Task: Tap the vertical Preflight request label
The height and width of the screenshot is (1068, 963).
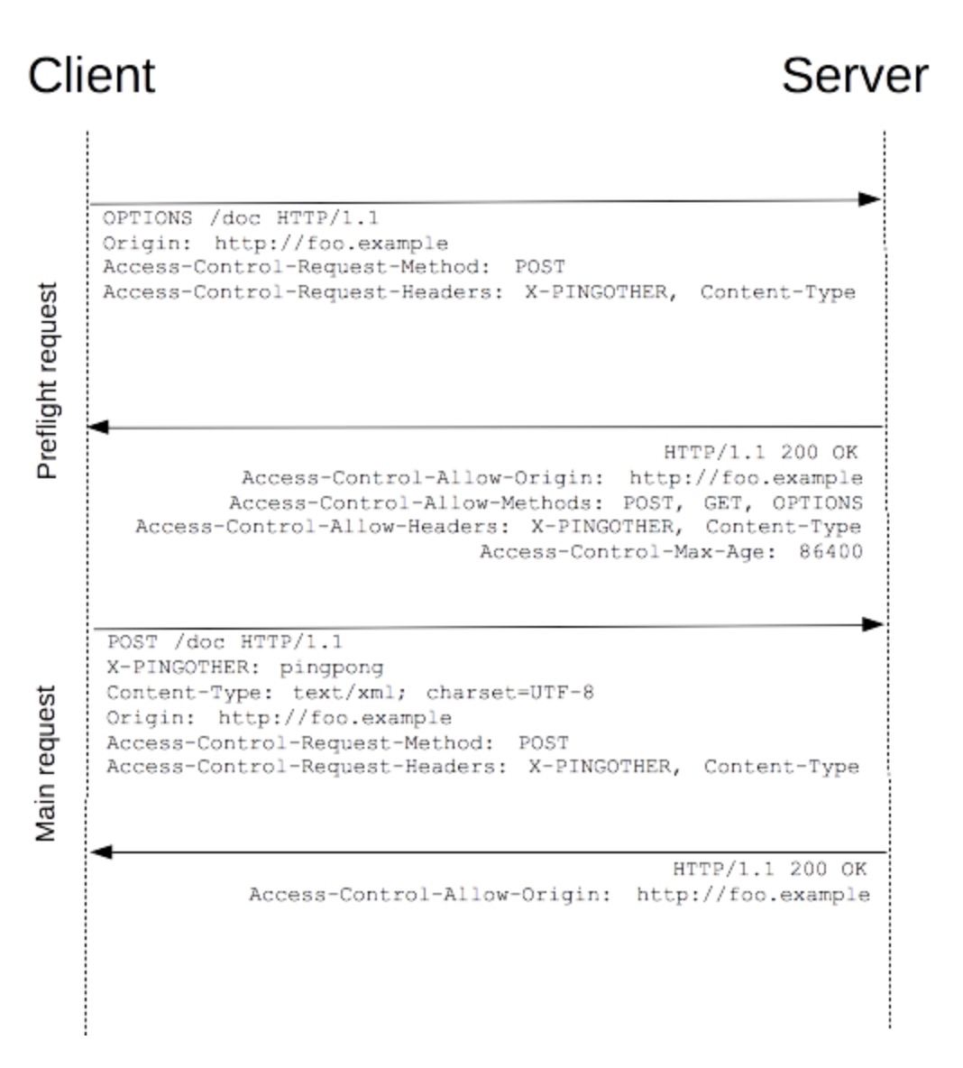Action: [47, 381]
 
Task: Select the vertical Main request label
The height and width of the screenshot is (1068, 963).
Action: [46, 763]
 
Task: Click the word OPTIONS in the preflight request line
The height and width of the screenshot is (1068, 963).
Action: [148, 218]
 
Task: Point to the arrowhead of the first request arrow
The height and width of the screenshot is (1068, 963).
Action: [870, 199]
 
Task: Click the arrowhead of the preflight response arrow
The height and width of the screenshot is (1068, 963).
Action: [98, 427]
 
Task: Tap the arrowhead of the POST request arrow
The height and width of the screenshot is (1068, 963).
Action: [873, 624]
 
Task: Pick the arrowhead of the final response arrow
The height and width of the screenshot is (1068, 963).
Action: [101, 852]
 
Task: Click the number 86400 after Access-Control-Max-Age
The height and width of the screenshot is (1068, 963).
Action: [830, 551]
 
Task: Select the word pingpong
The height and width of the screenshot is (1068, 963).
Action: [332, 667]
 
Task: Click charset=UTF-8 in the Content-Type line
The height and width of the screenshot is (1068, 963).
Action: [510, 693]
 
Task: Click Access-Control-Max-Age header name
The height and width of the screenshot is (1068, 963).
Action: [628, 551]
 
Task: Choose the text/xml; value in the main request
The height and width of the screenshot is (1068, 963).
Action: [349, 693]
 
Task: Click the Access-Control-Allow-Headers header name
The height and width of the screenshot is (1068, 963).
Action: [322, 527]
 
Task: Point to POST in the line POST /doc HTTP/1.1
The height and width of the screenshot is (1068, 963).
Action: [133, 642]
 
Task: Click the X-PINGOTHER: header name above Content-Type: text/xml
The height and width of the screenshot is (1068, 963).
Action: [183, 667]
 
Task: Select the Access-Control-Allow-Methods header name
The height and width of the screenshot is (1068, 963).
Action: [416, 502]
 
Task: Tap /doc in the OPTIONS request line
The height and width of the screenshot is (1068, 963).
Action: [235, 218]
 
